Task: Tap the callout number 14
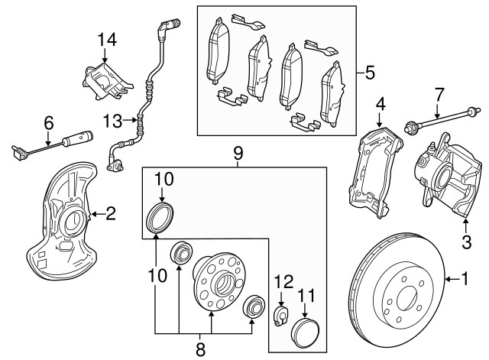108,39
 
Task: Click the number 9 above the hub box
238,154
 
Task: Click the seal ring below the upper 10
159,217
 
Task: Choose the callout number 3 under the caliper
466,244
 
